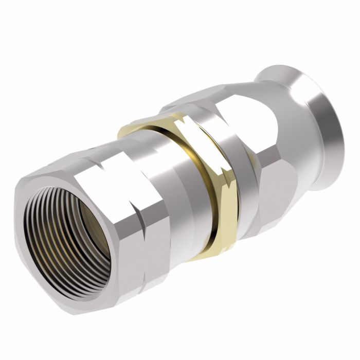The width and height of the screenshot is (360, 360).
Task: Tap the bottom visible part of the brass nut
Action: pos(206,252)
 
